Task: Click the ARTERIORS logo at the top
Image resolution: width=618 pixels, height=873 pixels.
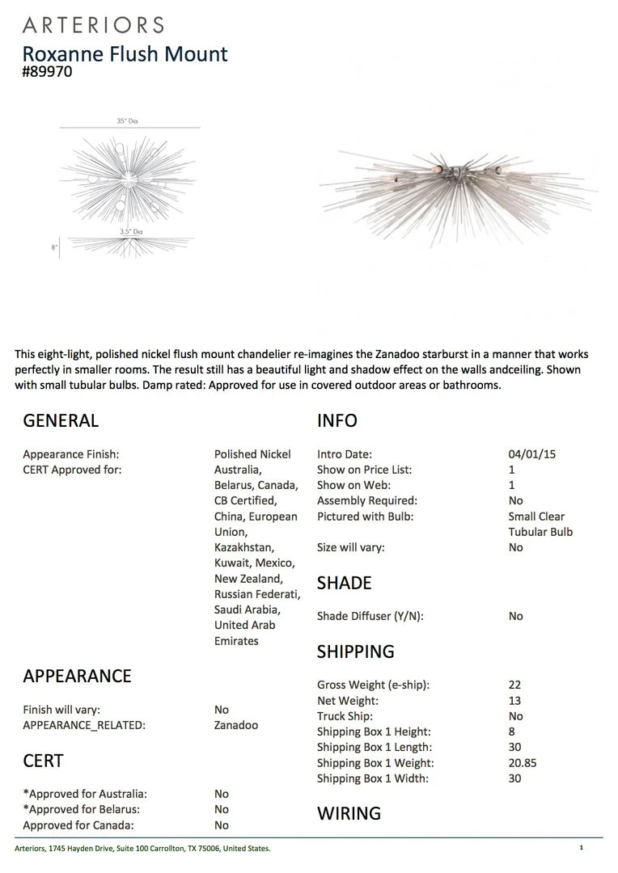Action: (93, 25)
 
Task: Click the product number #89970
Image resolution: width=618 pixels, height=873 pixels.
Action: (48, 72)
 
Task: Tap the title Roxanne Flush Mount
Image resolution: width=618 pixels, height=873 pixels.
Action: (125, 54)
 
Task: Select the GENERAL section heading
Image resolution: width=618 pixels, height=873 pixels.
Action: (61, 420)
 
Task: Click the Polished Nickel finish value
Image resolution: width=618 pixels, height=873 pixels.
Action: (252, 454)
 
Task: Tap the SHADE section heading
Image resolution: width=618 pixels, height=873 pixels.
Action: (345, 583)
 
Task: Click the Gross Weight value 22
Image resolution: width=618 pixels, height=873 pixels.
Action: (515, 685)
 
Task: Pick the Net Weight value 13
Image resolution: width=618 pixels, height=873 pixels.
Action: (515, 701)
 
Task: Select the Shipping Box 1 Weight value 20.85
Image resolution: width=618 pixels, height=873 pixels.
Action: (523, 763)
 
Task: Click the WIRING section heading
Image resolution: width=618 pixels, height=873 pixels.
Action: (349, 813)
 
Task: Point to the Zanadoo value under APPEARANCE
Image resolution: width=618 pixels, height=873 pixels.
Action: (236, 725)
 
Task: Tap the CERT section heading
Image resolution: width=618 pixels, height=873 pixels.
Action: (43, 761)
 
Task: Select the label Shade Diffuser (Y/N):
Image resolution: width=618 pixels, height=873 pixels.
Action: (370, 616)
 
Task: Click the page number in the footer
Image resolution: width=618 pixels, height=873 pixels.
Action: (581, 848)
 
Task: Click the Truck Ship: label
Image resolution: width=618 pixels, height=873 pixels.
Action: (345, 716)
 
